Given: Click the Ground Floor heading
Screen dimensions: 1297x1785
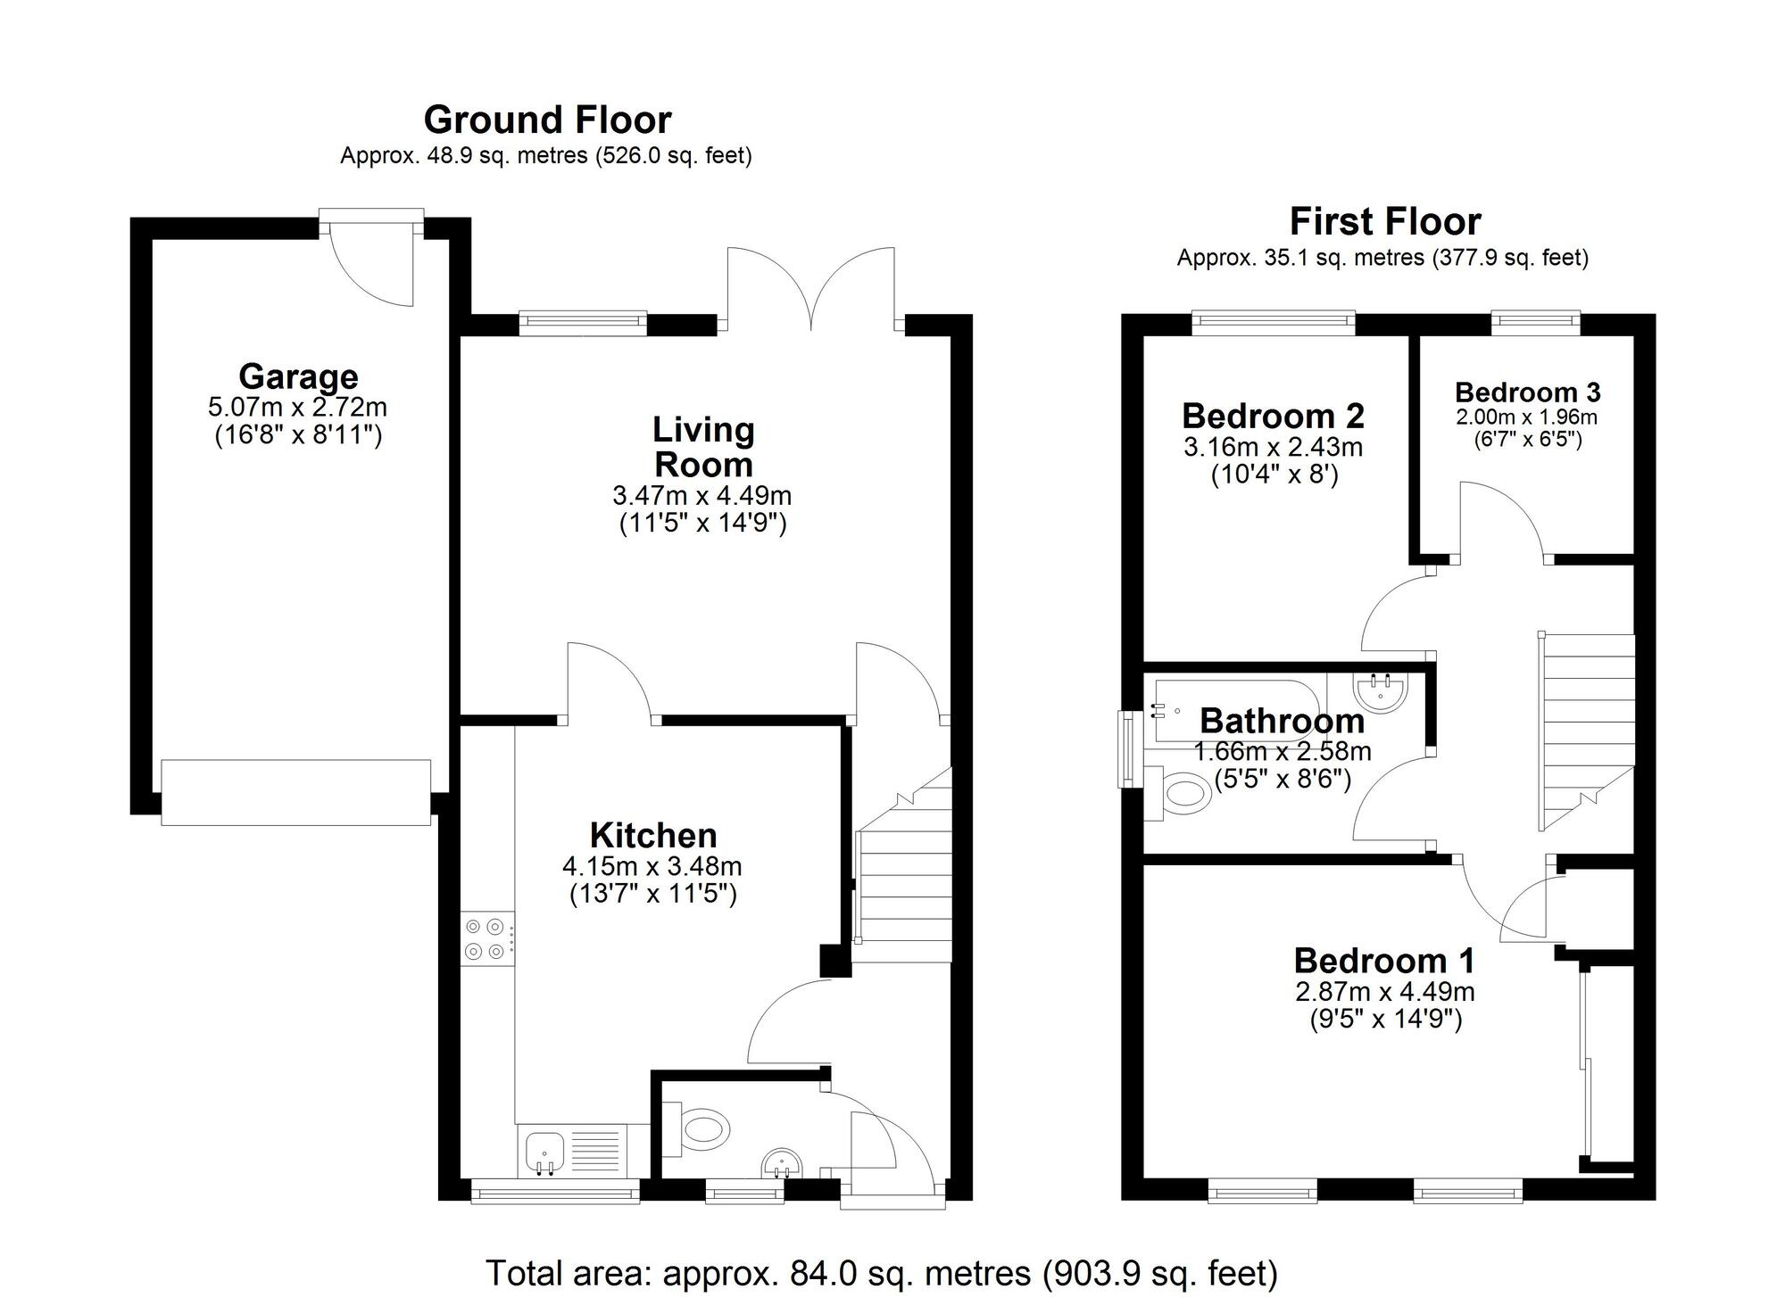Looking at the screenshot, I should (547, 120).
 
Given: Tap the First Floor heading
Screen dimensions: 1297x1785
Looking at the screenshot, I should (1384, 221).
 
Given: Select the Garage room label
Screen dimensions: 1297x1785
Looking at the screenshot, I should (298, 376).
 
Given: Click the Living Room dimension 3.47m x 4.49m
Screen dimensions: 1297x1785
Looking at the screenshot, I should (702, 495).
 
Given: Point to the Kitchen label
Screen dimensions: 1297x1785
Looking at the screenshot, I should (653, 835).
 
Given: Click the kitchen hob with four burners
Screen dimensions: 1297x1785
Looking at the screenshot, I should (486, 939).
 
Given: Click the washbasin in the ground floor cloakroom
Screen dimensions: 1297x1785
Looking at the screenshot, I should (781, 1164).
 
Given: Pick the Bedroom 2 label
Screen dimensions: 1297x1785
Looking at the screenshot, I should (1273, 416).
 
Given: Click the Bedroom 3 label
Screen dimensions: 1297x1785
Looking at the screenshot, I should (1527, 392).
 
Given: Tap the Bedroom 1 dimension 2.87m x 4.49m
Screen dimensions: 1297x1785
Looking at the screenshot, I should (1384, 991).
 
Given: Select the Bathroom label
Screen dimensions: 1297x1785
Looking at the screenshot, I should (1282, 721).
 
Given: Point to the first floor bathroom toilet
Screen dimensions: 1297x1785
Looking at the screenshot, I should (1183, 794).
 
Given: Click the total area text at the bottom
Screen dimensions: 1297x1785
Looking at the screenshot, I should (881, 1273).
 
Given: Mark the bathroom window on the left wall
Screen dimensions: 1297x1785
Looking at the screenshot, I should (1130, 749).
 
